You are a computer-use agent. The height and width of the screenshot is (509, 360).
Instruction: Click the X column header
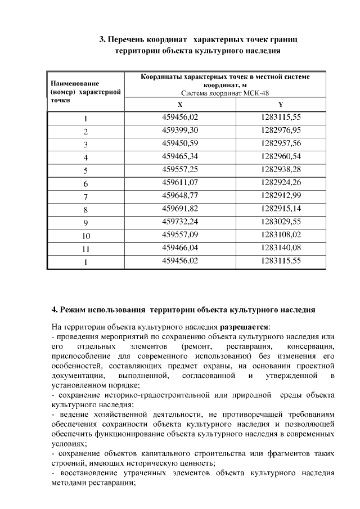coord(180,105)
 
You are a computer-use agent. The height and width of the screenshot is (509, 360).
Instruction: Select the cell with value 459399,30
coord(180,130)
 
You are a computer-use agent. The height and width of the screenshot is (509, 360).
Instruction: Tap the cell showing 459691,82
coord(180,209)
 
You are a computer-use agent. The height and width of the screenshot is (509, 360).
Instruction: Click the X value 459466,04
coord(180,247)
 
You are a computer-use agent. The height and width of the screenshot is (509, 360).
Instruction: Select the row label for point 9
coord(86,223)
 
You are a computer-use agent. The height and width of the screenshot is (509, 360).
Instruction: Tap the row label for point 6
coord(86,184)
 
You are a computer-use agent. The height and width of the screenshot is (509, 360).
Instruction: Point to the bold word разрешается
coord(244,326)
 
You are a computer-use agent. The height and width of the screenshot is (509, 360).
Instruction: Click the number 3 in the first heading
coord(102,40)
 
